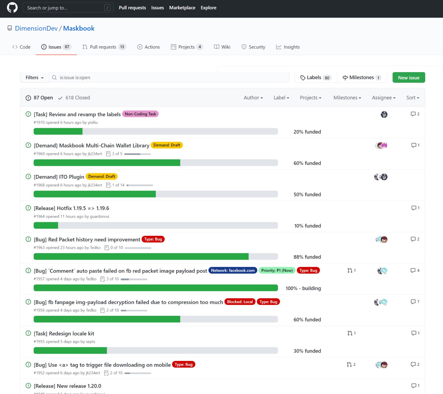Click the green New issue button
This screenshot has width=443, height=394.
coord(408,78)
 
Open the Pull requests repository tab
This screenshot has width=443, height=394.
coord(104,47)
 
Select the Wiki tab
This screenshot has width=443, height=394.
coord(222,47)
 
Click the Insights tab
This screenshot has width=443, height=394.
coord(288,47)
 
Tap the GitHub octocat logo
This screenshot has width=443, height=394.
coord(12,8)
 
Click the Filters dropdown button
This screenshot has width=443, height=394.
coord(35,78)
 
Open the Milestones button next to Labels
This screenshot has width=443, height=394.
coord(362,78)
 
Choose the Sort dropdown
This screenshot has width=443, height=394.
coord(413,98)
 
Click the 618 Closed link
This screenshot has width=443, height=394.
coord(74,98)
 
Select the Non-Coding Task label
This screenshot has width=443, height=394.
coord(141,114)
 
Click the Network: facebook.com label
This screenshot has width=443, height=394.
coord(233,270)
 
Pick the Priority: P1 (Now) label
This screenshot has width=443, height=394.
coord(277,270)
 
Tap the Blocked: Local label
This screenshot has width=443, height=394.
coord(240,302)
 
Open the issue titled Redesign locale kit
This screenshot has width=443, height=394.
coord(64,333)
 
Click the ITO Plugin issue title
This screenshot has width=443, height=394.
coord(59,177)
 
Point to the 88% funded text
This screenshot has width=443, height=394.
coord(307,257)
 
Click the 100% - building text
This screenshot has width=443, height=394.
coord(303,288)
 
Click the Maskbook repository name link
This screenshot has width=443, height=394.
coord(79,28)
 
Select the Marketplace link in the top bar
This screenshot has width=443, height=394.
coord(182,8)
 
